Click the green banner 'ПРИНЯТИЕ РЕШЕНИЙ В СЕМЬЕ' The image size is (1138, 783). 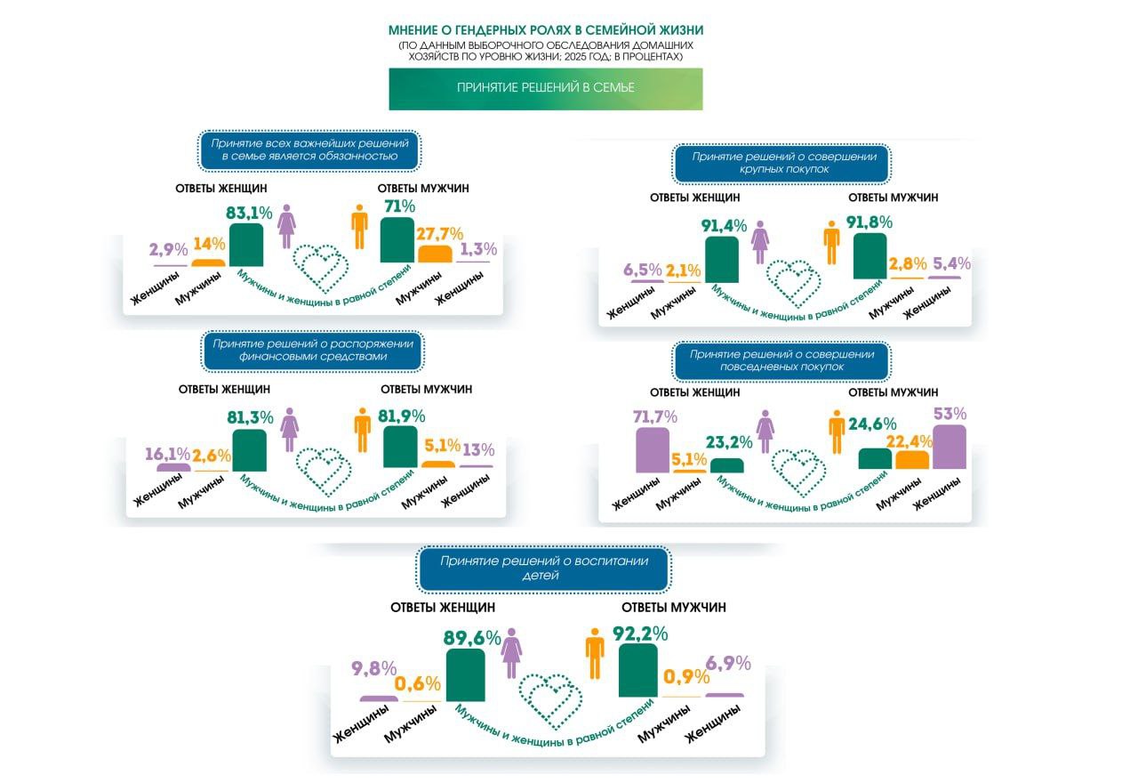click(x=545, y=88)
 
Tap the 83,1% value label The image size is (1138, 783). click(x=251, y=213)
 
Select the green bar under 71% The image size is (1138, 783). click(x=397, y=240)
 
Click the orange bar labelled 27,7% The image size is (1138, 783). click(x=436, y=254)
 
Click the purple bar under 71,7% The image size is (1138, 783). click(x=653, y=449)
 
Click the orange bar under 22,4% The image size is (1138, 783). click(x=912, y=459)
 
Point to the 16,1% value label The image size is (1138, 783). click(x=168, y=454)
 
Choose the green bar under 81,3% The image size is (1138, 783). click(x=249, y=450)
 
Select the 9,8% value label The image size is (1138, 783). click(x=373, y=667)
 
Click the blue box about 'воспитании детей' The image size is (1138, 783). click(x=544, y=569)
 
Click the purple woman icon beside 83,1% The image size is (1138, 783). click(x=286, y=228)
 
